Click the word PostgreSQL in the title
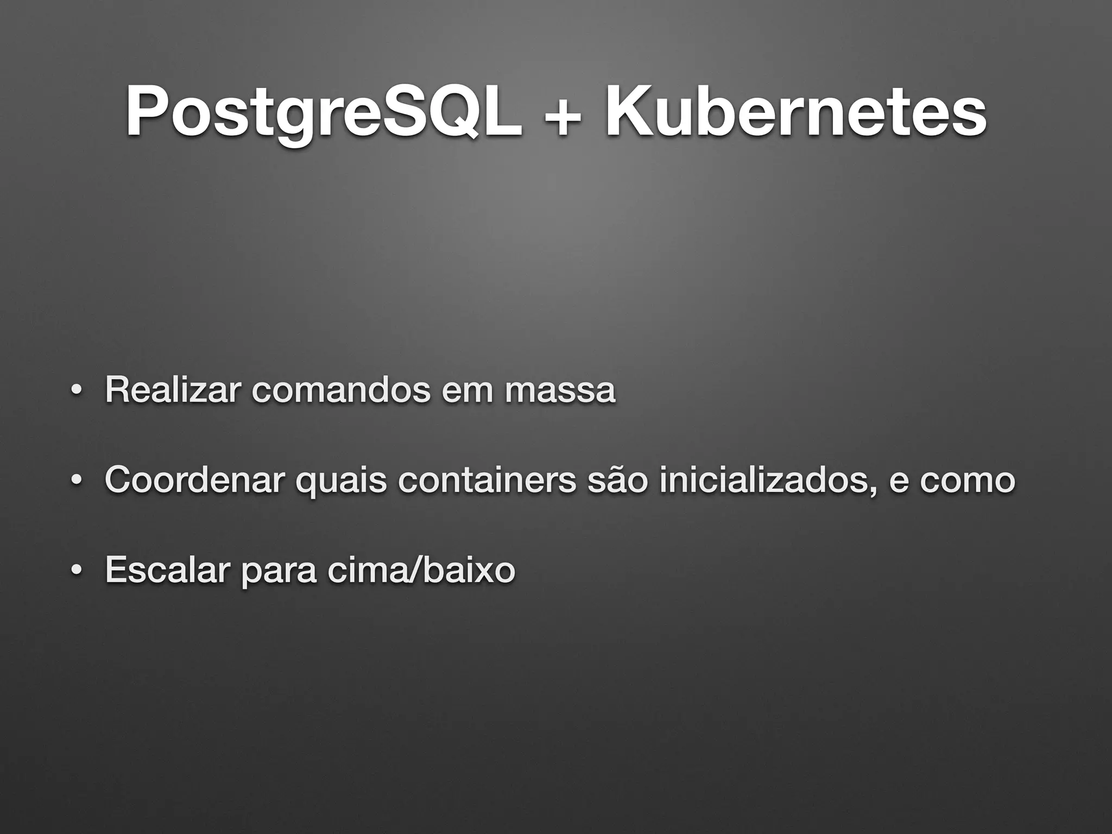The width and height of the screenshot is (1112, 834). pyautogui.click(x=324, y=112)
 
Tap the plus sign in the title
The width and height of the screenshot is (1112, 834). pyautogui.click(x=564, y=115)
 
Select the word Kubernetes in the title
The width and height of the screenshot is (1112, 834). pyautogui.click(x=795, y=112)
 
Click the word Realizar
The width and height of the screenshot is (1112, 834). pyautogui.click(x=172, y=390)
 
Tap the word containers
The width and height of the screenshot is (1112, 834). pyautogui.click(x=486, y=480)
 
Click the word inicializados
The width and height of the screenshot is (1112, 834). pyautogui.click(x=767, y=480)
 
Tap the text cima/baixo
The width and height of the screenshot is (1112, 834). pyautogui.click(x=421, y=570)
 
